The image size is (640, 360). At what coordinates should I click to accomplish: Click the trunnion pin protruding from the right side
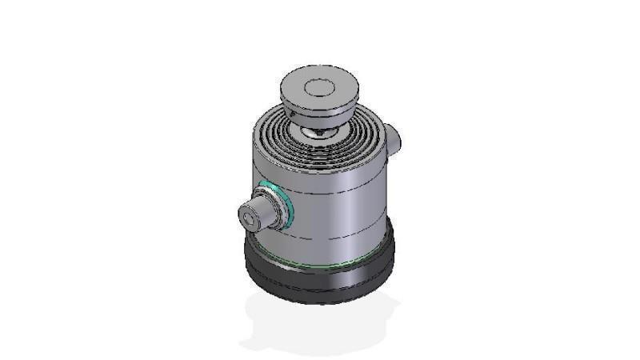pyautogui.click(x=394, y=138)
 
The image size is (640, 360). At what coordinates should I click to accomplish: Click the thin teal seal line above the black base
pyautogui.click(x=336, y=263)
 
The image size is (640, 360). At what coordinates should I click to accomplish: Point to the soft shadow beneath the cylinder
pyautogui.click(x=320, y=324)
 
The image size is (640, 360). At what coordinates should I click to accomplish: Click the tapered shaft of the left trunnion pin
pyautogui.click(x=264, y=210)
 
